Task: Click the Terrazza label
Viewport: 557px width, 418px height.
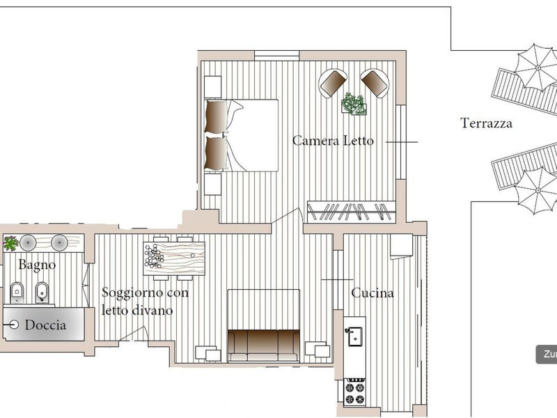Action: pyautogui.click(x=486, y=123)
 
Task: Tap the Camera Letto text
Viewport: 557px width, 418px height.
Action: pyautogui.click(x=333, y=141)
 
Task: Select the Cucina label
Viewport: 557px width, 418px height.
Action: pyautogui.click(x=372, y=293)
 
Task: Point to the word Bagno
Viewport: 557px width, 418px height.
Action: pyautogui.click(x=37, y=265)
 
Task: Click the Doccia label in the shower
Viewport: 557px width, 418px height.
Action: pyautogui.click(x=45, y=325)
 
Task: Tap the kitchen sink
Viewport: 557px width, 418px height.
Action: pyautogui.click(x=354, y=336)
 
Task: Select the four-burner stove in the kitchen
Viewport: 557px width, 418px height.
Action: pyautogui.click(x=355, y=392)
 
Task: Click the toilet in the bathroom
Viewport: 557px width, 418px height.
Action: pyautogui.click(x=16, y=292)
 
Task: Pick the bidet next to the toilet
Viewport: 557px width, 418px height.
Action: pyautogui.click(x=42, y=293)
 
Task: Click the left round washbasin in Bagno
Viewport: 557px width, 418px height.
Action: pyautogui.click(x=28, y=242)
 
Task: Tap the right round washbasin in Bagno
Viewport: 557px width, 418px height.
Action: pyautogui.click(x=59, y=242)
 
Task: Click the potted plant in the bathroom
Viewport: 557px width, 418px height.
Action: pyautogui.click(x=10, y=243)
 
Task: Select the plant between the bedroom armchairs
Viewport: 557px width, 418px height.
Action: pyautogui.click(x=354, y=104)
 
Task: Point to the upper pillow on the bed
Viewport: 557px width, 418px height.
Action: pyautogui.click(x=217, y=116)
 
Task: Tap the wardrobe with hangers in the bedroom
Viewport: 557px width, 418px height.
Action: pyautogui.click(x=352, y=212)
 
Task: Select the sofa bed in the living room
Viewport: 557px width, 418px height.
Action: pyautogui.click(x=263, y=326)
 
